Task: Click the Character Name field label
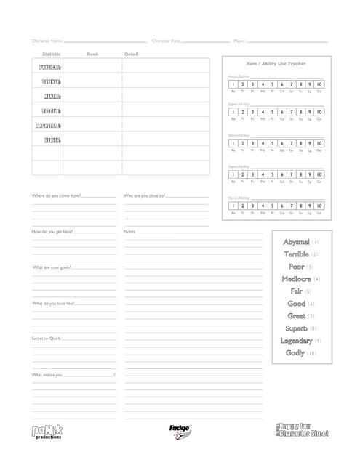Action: coord(47,41)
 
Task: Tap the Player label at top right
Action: coord(239,41)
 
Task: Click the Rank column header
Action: coord(92,54)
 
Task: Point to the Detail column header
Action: coord(131,54)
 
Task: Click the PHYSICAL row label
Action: coord(50,68)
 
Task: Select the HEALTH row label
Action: coord(52,139)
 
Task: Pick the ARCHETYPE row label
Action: coord(48,125)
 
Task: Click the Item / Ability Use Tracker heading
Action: coord(276,64)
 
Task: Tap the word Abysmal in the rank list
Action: coord(297,242)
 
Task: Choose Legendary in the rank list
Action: coord(297,341)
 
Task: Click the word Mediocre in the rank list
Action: coord(297,279)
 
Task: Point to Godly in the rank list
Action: coord(295,353)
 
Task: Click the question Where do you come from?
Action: coord(56,195)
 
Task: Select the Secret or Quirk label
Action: coord(46,339)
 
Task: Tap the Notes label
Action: coord(130,231)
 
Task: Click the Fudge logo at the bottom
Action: coord(180,430)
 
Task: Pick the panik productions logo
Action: coord(47,431)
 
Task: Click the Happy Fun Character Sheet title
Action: coord(303,429)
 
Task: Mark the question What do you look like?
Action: coord(53,303)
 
